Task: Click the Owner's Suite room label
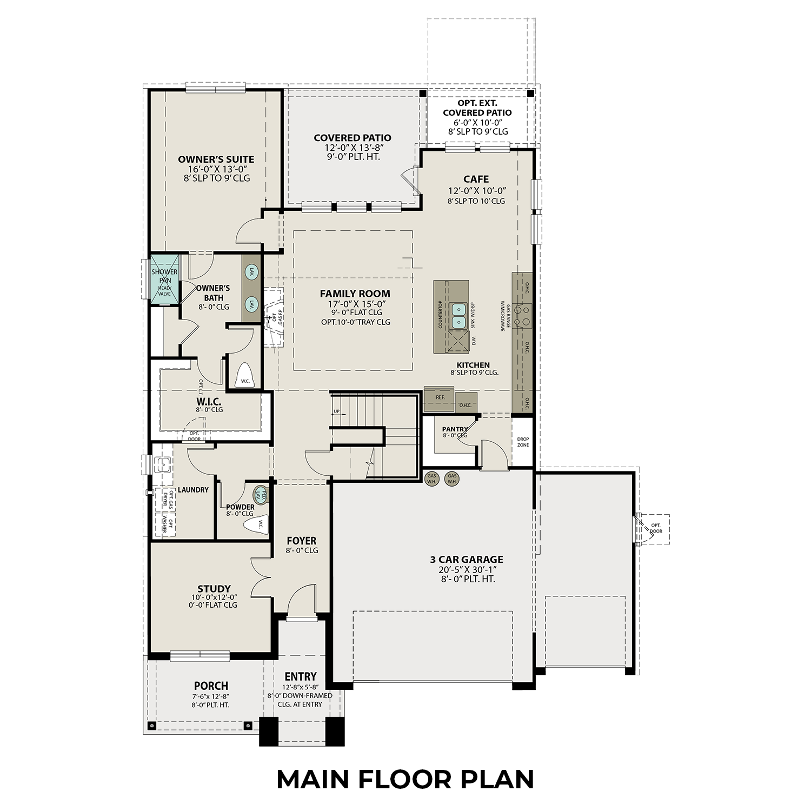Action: (x=216, y=159)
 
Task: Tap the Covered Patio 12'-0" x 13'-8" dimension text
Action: (x=352, y=148)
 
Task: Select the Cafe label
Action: (x=476, y=179)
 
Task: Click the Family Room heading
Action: (x=355, y=294)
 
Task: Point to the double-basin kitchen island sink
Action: (x=458, y=315)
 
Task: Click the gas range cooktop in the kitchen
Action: (x=523, y=315)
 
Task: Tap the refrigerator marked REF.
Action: (x=440, y=397)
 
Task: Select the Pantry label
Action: (x=455, y=429)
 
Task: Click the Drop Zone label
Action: (x=523, y=442)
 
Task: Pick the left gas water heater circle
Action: (x=432, y=479)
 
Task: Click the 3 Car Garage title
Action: (x=467, y=560)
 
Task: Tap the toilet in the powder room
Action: (x=256, y=524)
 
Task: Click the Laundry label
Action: (x=193, y=490)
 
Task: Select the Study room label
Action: (x=214, y=588)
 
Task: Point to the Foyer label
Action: (x=302, y=541)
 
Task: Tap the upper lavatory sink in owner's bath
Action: (x=251, y=272)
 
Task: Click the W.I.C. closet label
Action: (x=209, y=402)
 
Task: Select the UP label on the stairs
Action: (x=336, y=411)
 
